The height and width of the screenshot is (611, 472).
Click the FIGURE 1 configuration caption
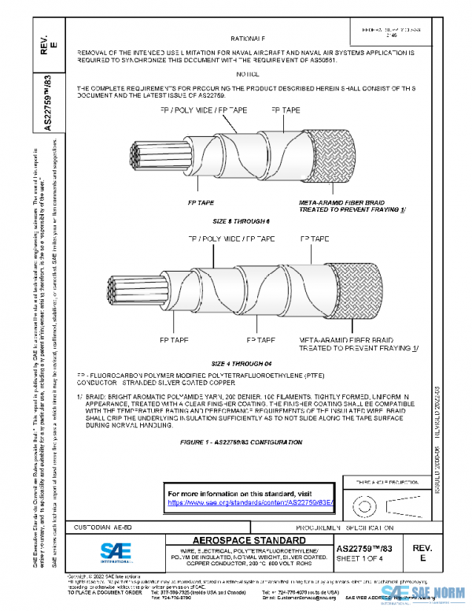click(242, 443)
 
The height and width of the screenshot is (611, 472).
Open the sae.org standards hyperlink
click(252, 502)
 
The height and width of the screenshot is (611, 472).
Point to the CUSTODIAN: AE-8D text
click(109, 526)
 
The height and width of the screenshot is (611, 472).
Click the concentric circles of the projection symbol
click(363, 502)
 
